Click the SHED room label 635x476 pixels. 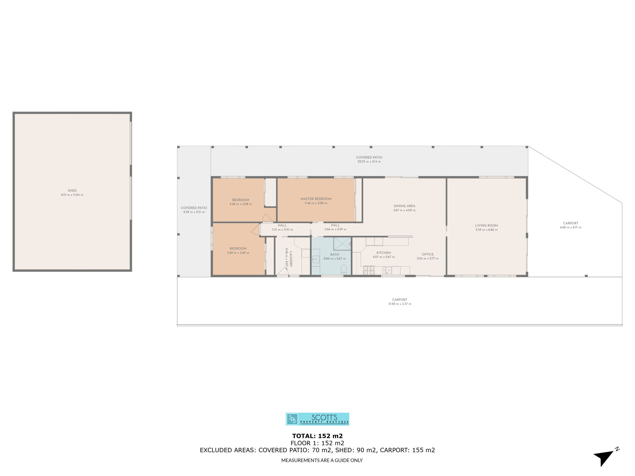pos(72,191)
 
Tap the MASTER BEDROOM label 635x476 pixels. pos(316,199)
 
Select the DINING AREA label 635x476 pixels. pos(404,206)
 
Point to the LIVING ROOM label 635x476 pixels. pos(486,226)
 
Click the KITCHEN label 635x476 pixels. pos(384,253)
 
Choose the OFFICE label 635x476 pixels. pos(428,255)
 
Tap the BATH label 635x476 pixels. pos(335,255)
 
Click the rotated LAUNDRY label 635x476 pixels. pos(291,259)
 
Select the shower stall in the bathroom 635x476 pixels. pos(342,244)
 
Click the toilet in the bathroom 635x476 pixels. pos(344,270)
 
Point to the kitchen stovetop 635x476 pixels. pos(369,270)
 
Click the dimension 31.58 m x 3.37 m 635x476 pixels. pos(399,304)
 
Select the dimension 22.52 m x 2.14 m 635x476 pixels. pos(369,162)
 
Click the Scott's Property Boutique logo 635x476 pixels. pos(317,419)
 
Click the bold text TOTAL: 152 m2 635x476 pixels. pos(317,436)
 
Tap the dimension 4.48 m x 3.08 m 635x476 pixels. pos(241,204)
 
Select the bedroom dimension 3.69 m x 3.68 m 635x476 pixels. pos(238,253)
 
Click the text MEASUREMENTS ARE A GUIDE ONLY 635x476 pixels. pos(322,460)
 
